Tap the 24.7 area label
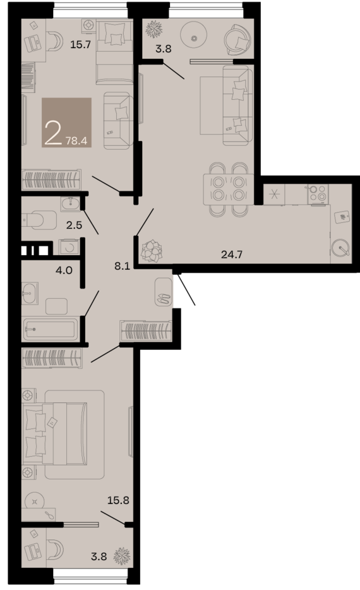click(232, 255)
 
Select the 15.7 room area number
click(80, 44)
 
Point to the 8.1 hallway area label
click(123, 266)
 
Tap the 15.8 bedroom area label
click(118, 500)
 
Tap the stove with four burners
click(318, 195)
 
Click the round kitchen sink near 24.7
click(341, 248)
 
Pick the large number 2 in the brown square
click(54, 133)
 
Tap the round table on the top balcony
click(194, 38)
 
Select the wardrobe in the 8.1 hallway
click(146, 331)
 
